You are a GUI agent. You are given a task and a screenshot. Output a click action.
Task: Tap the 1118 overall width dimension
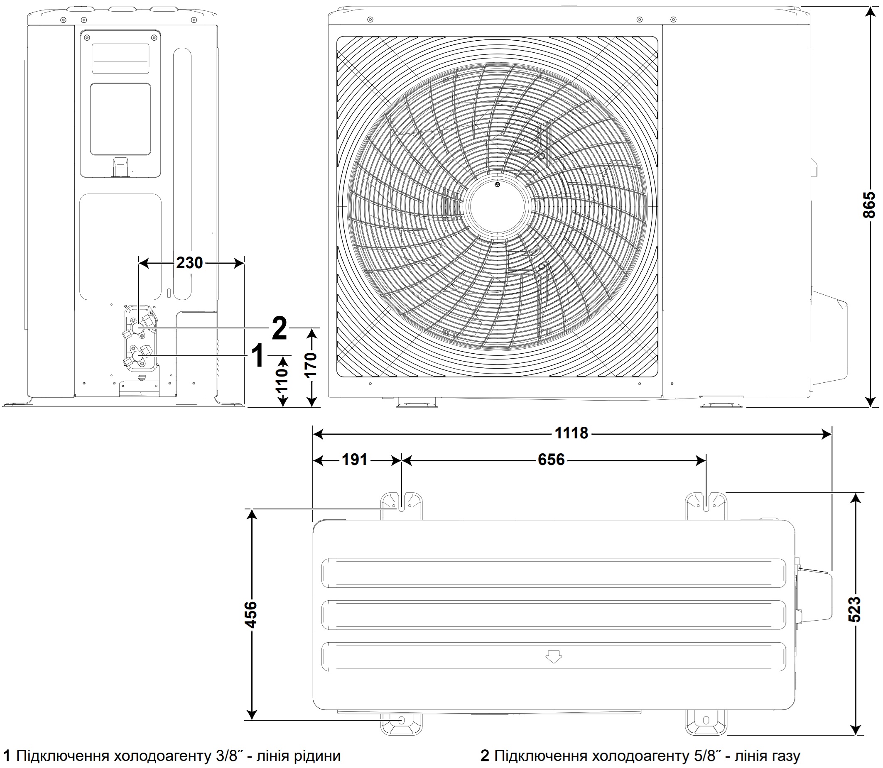click(x=571, y=433)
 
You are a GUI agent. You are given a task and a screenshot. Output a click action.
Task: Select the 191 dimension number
click(x=354, y=460)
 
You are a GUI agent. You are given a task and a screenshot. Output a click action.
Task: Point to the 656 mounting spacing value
click(x=551, y=460)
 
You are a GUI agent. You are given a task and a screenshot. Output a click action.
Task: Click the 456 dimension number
click(x=251, y=614)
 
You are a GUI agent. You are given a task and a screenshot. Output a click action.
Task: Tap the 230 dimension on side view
click(x=189, y=263)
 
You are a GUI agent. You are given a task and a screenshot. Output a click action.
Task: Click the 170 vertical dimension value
click(x=311, y=365)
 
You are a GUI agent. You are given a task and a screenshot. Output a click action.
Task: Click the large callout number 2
click(x=279, y=329)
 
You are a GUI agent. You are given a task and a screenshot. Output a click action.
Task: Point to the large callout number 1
click(x=258, y=356)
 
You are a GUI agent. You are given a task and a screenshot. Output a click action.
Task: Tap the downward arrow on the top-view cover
click(x=553, y=656)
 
